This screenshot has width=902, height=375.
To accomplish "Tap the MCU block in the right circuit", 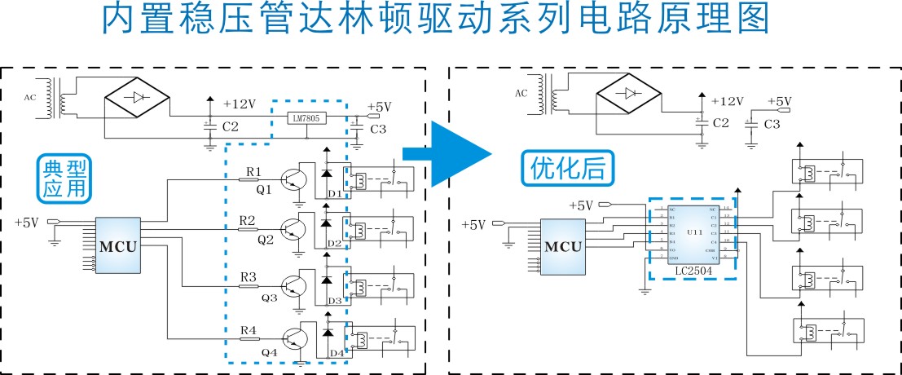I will pyautogui.click(x=564, y=246).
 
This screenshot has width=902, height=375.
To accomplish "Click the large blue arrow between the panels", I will pyautogui.click(x=459, y=153).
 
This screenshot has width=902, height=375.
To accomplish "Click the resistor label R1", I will pyautogui.click(x=253, y=171).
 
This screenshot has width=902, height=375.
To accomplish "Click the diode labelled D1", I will pyautogui.click(x=327, y=174).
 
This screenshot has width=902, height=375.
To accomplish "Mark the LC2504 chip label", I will pyautogui.click(x=693, y=270).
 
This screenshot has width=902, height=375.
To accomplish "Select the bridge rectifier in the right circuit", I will pyautogui.click(x=629, y=92).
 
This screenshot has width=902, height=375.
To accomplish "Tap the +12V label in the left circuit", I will pyautogui.click(x=240, y=104).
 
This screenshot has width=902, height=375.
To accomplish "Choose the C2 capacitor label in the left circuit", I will pyautogui.click(x=230, y=127).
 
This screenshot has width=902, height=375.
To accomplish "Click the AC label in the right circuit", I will pyautogui.click(x=521, y=93).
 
